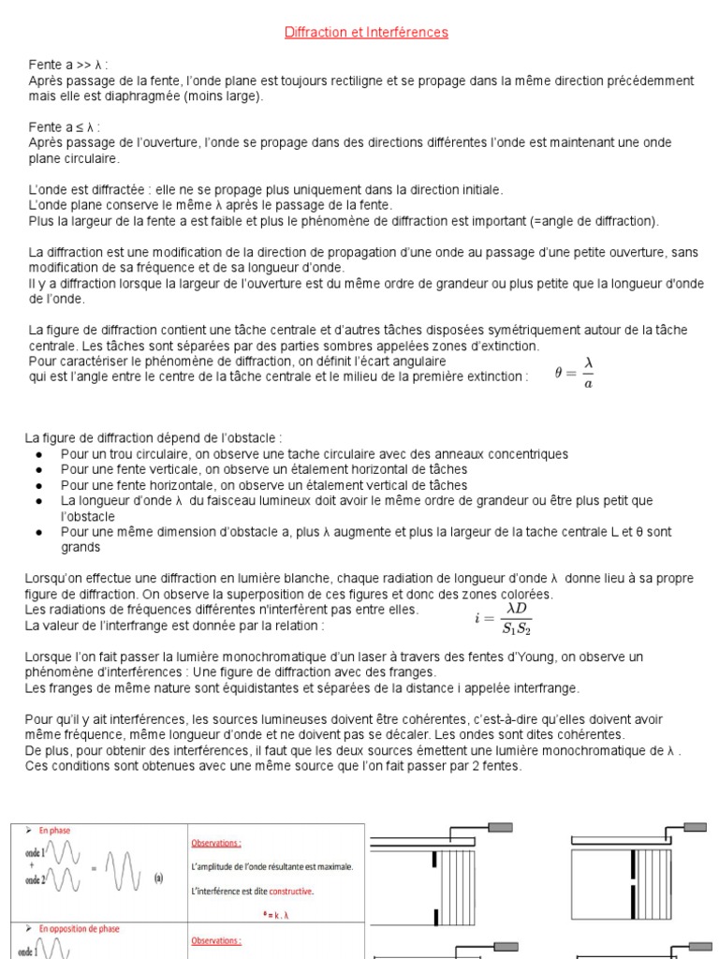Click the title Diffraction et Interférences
click(366, 33)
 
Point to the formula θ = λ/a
click(574, 372)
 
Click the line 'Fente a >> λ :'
click(67, 66)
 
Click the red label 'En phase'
click(54, 830)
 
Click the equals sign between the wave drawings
click(91, 866)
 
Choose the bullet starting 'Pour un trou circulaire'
click(314, 454)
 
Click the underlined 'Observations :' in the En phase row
click(216, 842)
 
